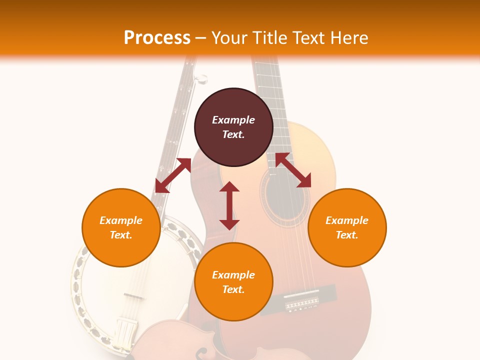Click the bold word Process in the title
tap(157, 37)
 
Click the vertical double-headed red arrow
tap(229, 205)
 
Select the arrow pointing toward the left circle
tap(173, 175)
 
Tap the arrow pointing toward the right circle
tap(293, 170)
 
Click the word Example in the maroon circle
tap(233, 120)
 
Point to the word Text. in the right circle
tap(347, 235)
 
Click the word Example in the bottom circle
tap(233, 275)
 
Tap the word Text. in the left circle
tap(121, 235)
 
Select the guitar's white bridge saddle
tap(301, 294)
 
